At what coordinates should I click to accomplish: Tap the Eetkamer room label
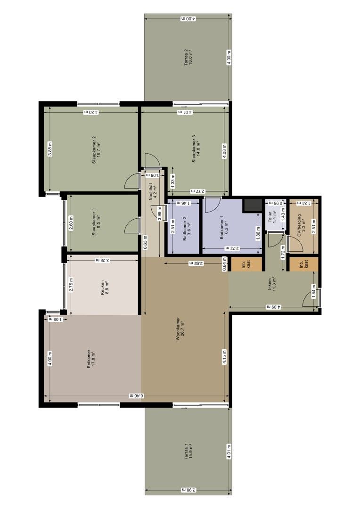point(90,360)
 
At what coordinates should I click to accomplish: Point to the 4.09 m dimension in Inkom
point(273,307)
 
